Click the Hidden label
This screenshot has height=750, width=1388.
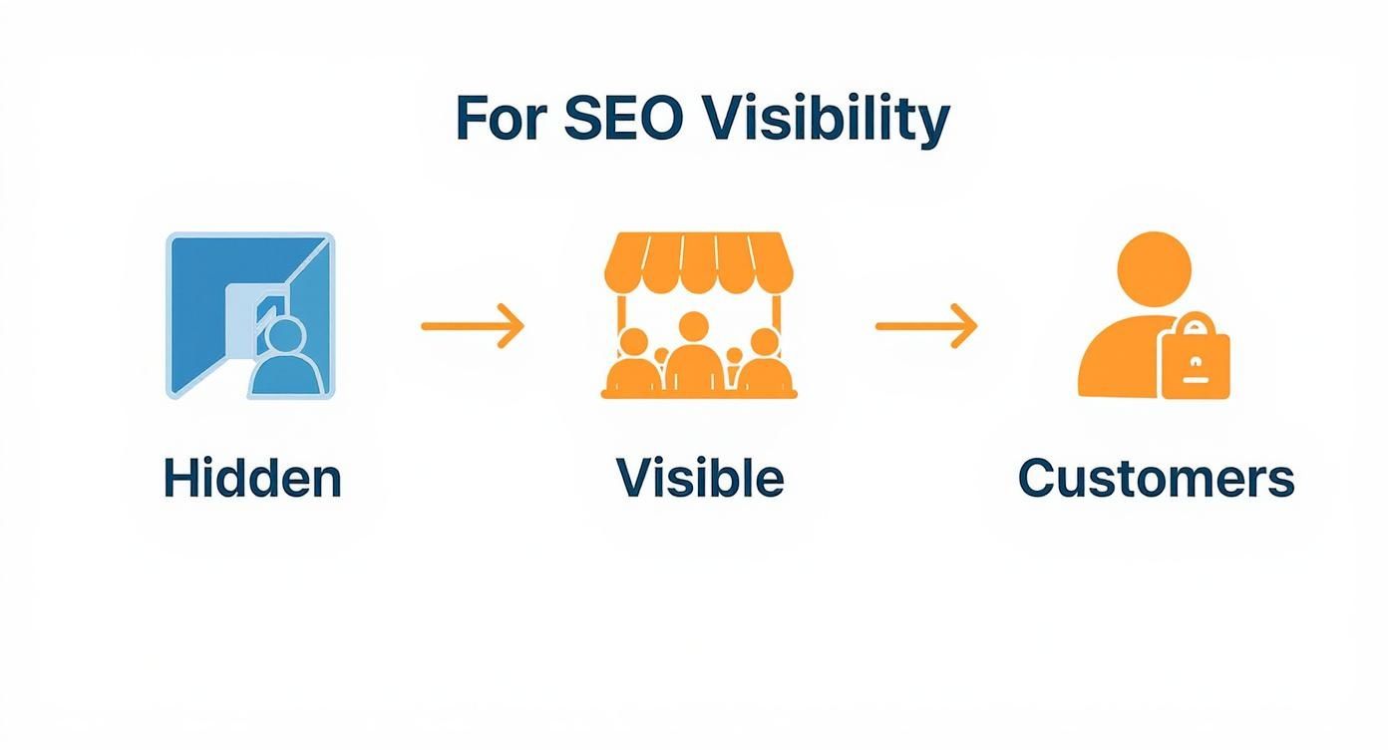252,478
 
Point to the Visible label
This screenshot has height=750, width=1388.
700,478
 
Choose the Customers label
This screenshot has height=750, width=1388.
1156,478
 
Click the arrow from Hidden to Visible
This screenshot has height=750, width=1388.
472,326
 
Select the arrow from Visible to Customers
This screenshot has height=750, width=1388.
926,326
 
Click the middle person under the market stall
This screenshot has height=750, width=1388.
695,354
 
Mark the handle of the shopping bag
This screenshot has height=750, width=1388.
1195,325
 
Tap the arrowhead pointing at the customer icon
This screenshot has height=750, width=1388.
966,326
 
